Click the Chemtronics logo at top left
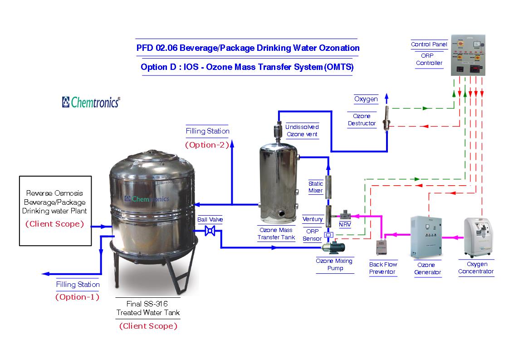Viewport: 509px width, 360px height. pyautogui.click(x=91, y=102)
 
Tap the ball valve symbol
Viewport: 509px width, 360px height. pyautogui.click(x=210, y=231)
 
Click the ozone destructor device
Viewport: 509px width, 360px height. pyautogui.click(x=386, y=116)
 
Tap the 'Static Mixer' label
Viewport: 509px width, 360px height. pyautogui.click(x=316, y=187)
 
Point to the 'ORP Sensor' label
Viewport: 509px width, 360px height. pyautogui.click(x=312, y=235)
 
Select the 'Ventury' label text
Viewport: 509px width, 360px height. pyautogui.click(x=313, y=219)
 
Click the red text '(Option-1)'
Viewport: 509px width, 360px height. pyautogui.click(x=78, y=297)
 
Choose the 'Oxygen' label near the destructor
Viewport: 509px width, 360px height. pyautogui.click(x=366, y=99)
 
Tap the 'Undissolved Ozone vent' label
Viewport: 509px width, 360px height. pyautogui.click(x=302, y=131)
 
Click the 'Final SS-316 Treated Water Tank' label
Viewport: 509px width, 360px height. pyautogui.click(x=148, y=309)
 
